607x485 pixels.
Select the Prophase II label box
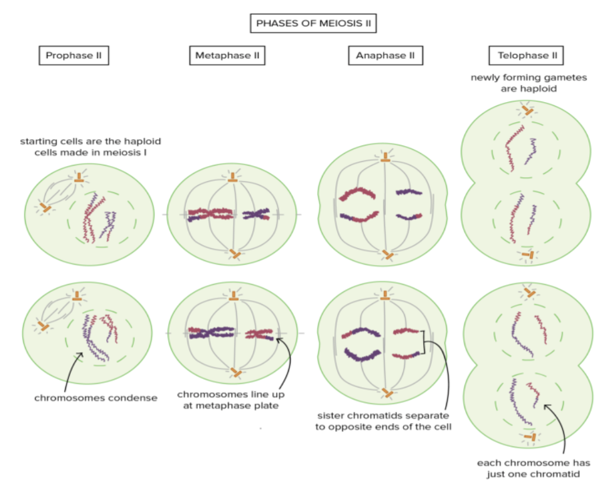[x=73, y=55]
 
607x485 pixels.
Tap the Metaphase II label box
[x=227, y=55]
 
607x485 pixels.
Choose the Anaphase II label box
[x=385, y=55]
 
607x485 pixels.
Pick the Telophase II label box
[x=527, y=55]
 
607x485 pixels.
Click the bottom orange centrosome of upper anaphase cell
[x=388, y=254]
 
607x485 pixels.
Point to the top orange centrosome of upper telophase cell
[x=527, y=112]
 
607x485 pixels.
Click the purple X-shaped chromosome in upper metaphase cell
[x=255, y=215]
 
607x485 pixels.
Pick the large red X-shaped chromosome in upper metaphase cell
[x=210, y=214]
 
